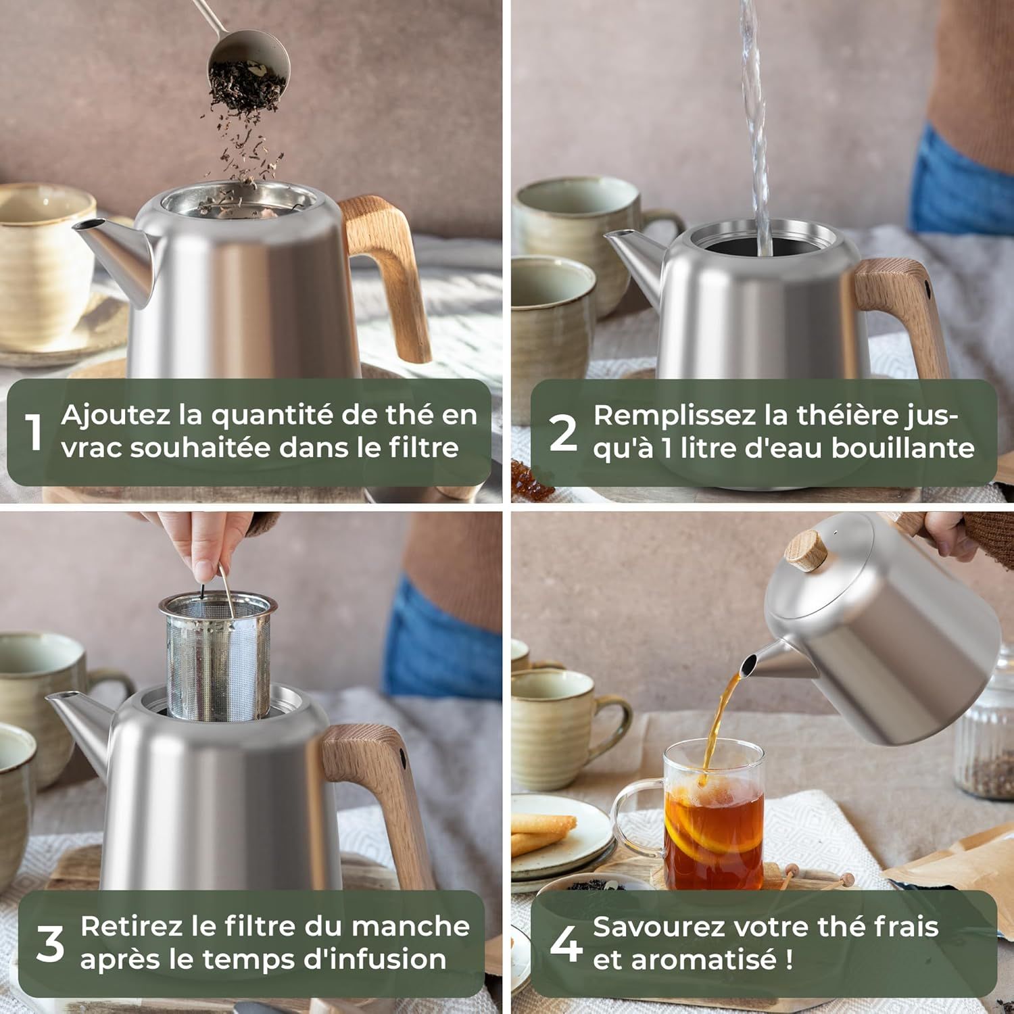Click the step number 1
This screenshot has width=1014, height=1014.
pos(34,432)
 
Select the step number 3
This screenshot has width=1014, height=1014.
pos(50,944)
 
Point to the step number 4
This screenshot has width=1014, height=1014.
pos(566,944)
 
